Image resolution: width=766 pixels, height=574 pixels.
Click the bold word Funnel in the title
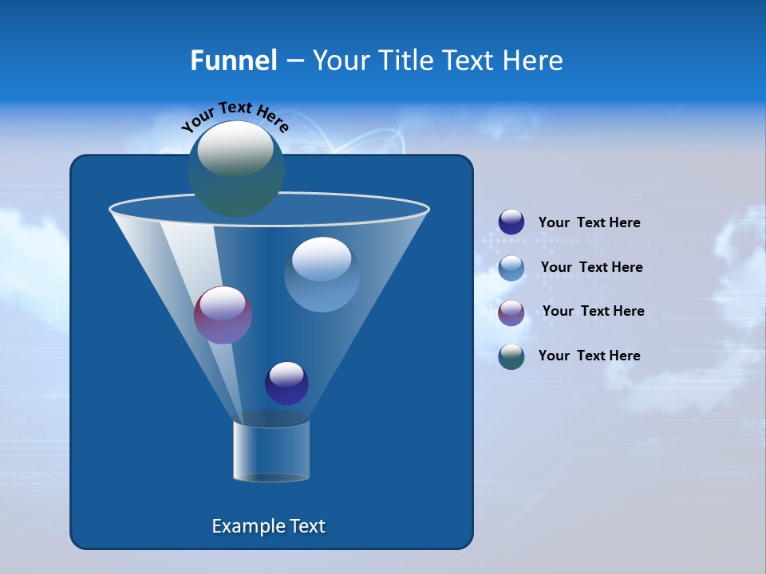[233, 61]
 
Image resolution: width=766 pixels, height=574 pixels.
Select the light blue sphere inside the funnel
[322, 275]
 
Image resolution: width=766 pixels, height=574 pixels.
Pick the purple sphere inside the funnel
[223, 316]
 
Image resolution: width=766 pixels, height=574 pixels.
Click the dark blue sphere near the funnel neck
[286, 383]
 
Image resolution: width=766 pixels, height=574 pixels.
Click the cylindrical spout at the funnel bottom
[271, 451]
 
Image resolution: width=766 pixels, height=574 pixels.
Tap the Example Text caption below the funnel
[269, 526]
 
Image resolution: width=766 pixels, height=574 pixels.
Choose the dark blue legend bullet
[511, 222]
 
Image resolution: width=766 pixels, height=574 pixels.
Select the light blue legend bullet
[511, 268]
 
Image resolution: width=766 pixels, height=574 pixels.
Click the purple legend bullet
[511, 313]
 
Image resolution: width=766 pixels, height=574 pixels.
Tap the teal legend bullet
[511, 356]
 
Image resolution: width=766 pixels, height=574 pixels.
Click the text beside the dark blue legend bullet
[589, 222]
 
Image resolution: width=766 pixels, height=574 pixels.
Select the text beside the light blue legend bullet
[591, 267]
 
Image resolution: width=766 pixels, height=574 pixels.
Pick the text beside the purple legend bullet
[593, 311]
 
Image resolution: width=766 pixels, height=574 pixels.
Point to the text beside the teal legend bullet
[589, 356]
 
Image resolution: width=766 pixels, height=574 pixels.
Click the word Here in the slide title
[535, 61]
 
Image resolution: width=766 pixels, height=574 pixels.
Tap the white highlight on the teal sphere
[235, 148]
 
